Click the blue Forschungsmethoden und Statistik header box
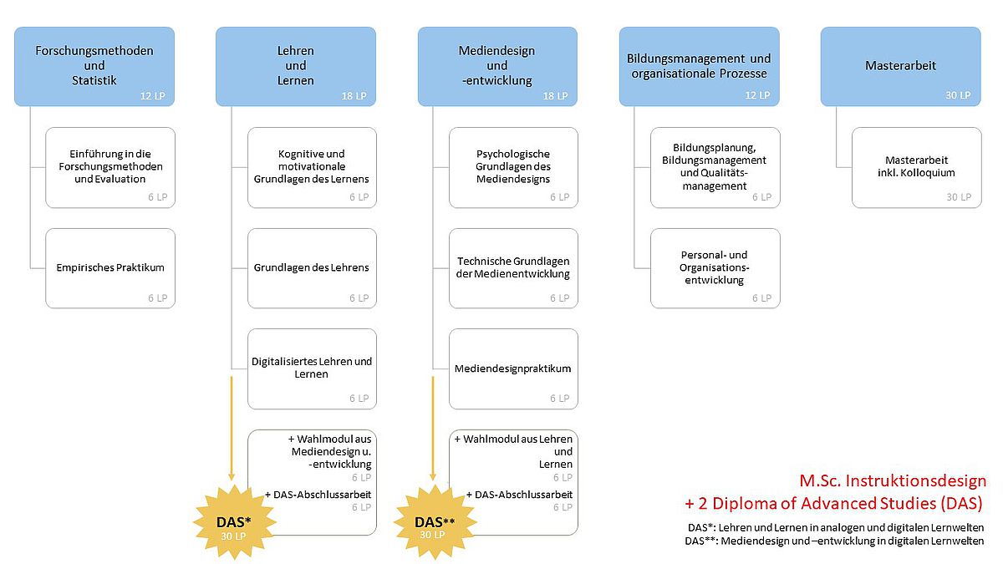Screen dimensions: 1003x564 94,66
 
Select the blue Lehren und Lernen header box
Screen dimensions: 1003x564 296,66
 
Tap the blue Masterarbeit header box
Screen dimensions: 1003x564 901,66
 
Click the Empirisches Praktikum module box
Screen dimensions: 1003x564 110,268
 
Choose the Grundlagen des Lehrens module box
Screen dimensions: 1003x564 312,268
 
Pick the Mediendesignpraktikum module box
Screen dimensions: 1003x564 513,368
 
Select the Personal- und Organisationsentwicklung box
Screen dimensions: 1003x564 715,268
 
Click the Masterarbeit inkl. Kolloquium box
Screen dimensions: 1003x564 917,167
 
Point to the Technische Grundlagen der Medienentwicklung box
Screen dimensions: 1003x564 513,268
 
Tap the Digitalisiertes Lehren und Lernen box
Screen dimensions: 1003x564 312,368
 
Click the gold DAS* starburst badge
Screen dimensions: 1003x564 234,522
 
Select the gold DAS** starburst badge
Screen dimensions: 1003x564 435,522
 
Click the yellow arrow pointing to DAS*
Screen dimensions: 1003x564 232,429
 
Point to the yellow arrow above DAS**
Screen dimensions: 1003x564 433,429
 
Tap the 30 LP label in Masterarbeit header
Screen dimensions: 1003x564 958,95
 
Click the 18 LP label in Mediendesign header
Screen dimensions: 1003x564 555,96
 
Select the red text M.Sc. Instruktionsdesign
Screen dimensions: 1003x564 893,480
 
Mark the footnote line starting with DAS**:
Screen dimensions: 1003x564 834,541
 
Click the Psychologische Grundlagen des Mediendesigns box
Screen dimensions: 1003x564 513,167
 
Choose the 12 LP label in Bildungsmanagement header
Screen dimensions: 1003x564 757,95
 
